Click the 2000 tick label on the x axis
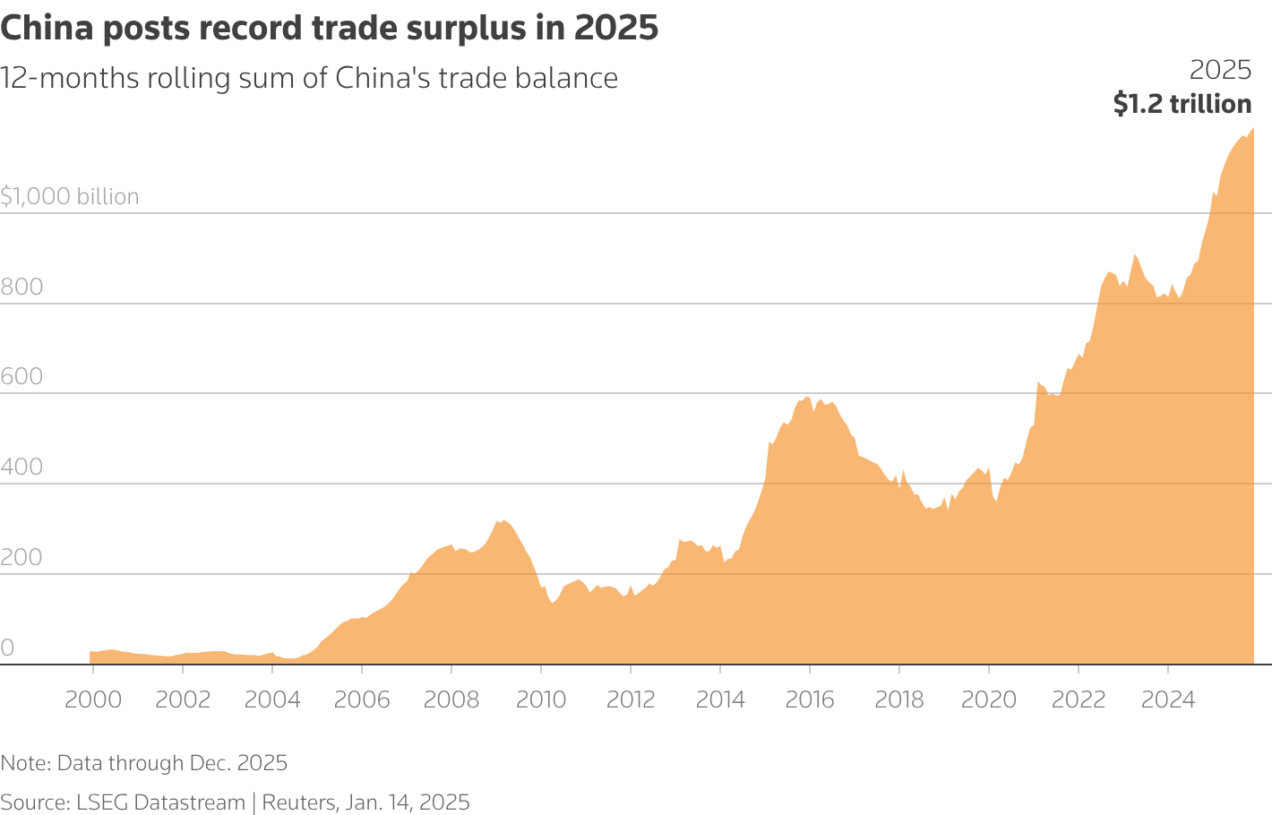coord(93,699)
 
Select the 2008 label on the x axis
coord(451,699)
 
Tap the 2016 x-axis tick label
coord(810,699)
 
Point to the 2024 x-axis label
coord(1168,699)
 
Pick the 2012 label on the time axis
coord(631,699)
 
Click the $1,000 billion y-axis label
coord(70,197)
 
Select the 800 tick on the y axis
coord(21,287)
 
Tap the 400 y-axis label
coord(21,468)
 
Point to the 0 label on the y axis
coord(7,648)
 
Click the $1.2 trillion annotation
coord(1182,104)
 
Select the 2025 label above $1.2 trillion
coord(1220,70)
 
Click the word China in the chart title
coord(47,29)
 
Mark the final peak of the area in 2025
coord(1252,129)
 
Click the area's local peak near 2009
coord(503,520)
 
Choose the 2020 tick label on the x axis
coord(989,699)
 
